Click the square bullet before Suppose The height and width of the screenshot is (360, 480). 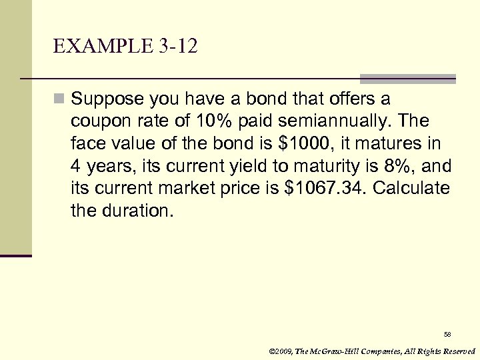60,99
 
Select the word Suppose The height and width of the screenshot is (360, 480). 105,99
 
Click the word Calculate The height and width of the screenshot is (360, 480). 411,188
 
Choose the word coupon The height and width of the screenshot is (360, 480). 96,122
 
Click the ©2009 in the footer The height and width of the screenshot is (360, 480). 281,351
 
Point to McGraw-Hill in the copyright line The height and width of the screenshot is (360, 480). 339,351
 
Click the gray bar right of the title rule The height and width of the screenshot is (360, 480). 408,79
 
